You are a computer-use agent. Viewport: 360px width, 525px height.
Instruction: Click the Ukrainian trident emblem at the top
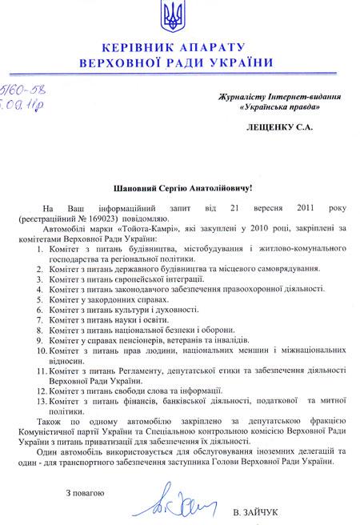coord(178,14)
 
